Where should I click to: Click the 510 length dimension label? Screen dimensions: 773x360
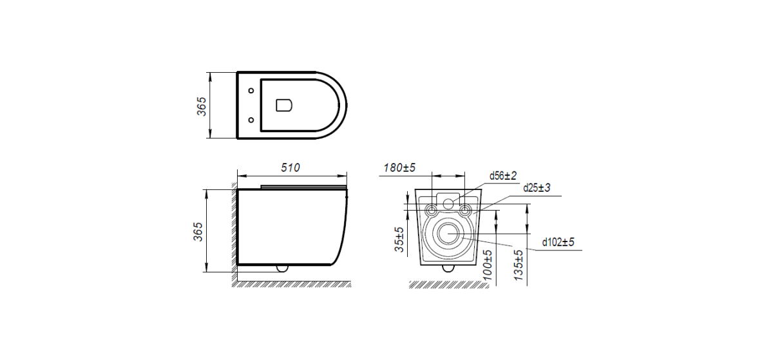tap(291, 167)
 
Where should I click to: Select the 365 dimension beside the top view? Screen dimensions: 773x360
tap(201, 106)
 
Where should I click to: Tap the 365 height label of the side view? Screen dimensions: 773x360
tap(198, 232)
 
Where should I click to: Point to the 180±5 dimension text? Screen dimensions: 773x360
tap(399, 167)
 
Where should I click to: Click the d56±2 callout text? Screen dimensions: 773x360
tap(503, 176)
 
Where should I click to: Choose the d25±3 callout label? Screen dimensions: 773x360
tap(537, 188)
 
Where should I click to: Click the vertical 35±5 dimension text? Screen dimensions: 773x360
tap(399, 240)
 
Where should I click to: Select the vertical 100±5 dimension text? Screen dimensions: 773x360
tap(487, 265)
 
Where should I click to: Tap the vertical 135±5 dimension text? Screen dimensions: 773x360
tap(519, 265)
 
